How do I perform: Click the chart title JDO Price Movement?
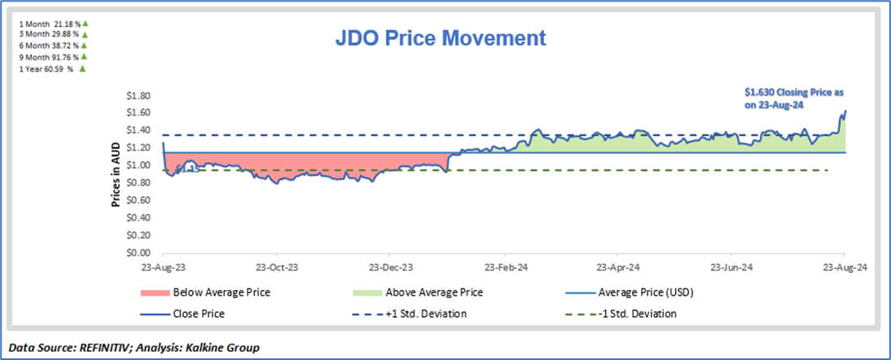pyautogui.click(x=441, y=38)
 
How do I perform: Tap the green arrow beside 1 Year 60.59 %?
pyautogui.click(x=81, y=69)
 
